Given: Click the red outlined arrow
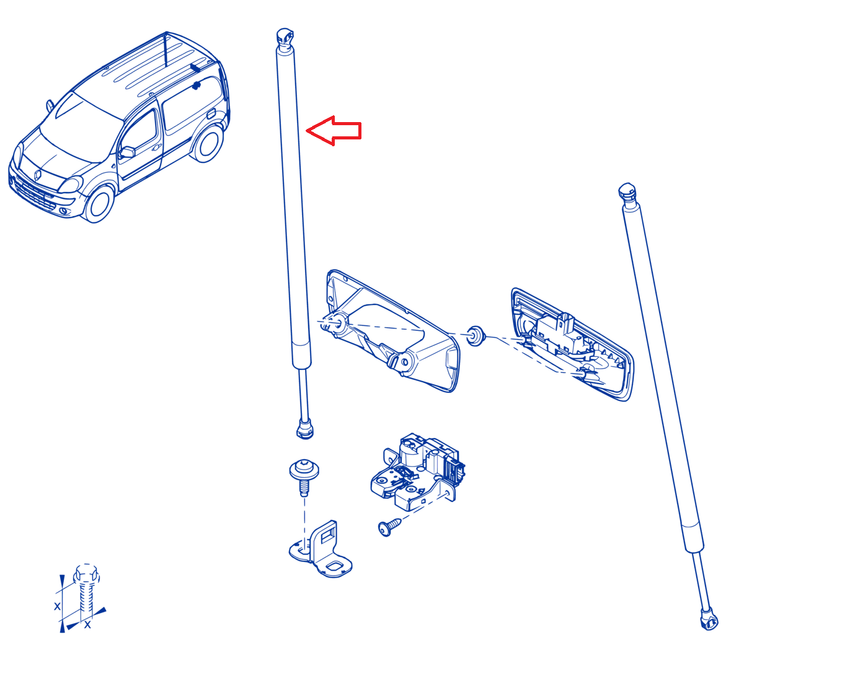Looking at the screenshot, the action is click(333, 130).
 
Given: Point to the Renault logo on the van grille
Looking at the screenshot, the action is click(38, 175).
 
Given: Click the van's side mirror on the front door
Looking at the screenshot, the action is click(127, 152).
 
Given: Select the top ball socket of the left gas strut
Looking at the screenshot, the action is click(285, 37).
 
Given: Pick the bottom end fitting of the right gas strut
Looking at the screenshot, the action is click(709, 620).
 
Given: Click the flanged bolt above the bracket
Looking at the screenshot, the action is click(304, 477).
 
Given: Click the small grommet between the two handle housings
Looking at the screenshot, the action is click(476, 336).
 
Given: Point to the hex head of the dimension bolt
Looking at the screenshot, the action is click(86, 573).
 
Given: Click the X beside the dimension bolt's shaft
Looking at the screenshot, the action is click(57, 606).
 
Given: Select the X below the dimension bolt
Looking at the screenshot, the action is click(87, 625).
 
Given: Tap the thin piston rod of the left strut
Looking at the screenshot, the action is click(303, 394).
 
